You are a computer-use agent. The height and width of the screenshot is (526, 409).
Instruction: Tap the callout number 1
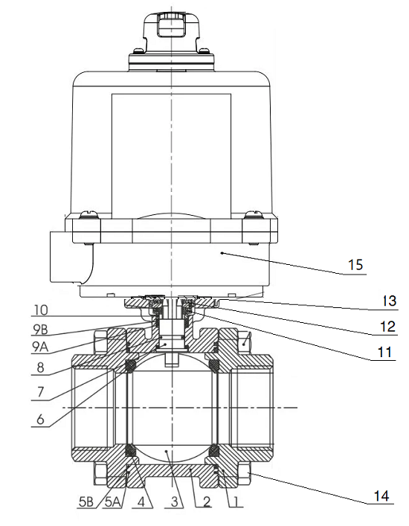click(235, 502)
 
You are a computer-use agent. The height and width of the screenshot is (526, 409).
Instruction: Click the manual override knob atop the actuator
click(172, 28)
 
